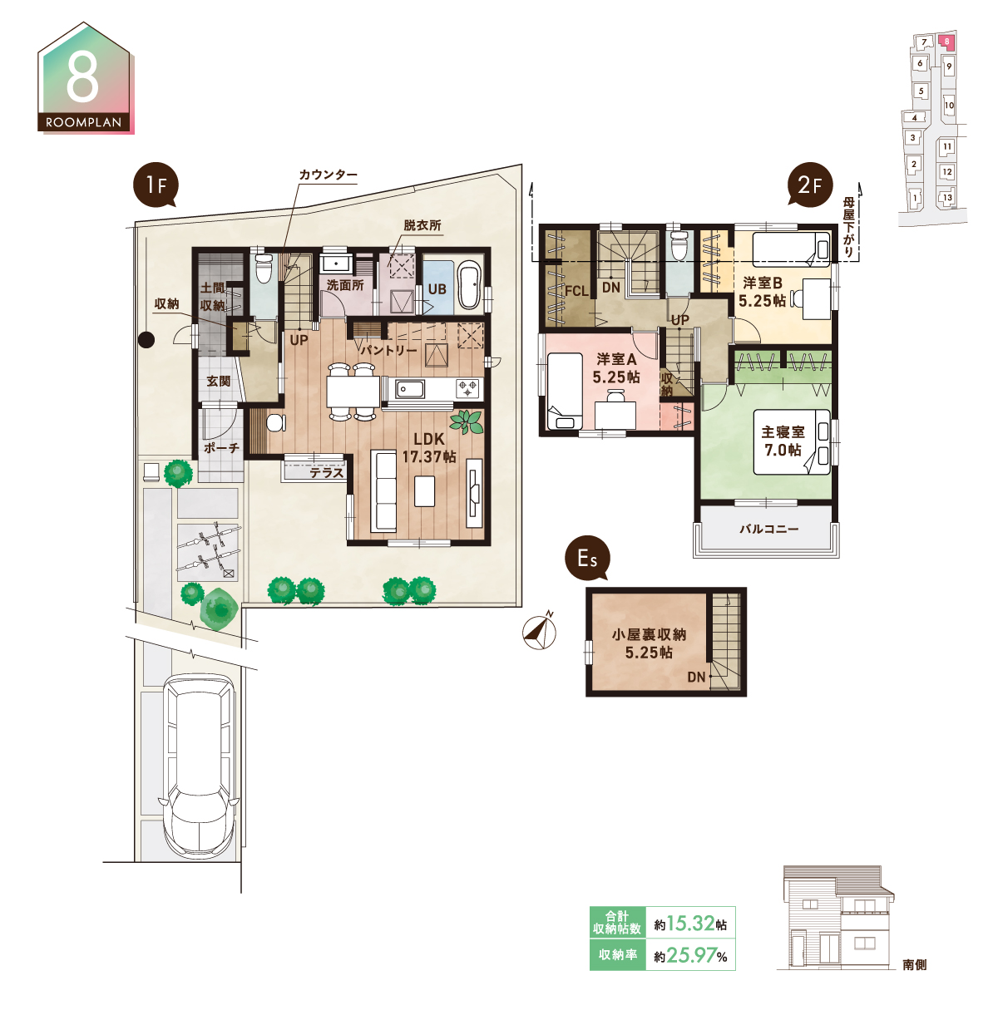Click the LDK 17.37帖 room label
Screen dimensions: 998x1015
428,448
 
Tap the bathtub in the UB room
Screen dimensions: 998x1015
468,287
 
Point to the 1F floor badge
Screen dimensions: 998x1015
156,185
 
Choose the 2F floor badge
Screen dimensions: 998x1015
809,185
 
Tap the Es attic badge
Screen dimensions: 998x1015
587,558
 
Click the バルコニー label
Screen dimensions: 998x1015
768,529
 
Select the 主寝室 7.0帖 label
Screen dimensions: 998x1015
783,441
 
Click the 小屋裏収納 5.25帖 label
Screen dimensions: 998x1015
649,643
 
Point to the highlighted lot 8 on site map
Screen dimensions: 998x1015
947,42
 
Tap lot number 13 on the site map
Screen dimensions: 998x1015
947,198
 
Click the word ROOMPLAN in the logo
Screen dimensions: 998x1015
83,122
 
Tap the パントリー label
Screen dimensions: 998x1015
388,350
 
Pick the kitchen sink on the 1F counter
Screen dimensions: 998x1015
410,389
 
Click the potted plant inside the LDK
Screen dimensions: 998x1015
467,422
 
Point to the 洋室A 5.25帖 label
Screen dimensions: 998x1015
616,368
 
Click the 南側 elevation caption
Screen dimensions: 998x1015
914,964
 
